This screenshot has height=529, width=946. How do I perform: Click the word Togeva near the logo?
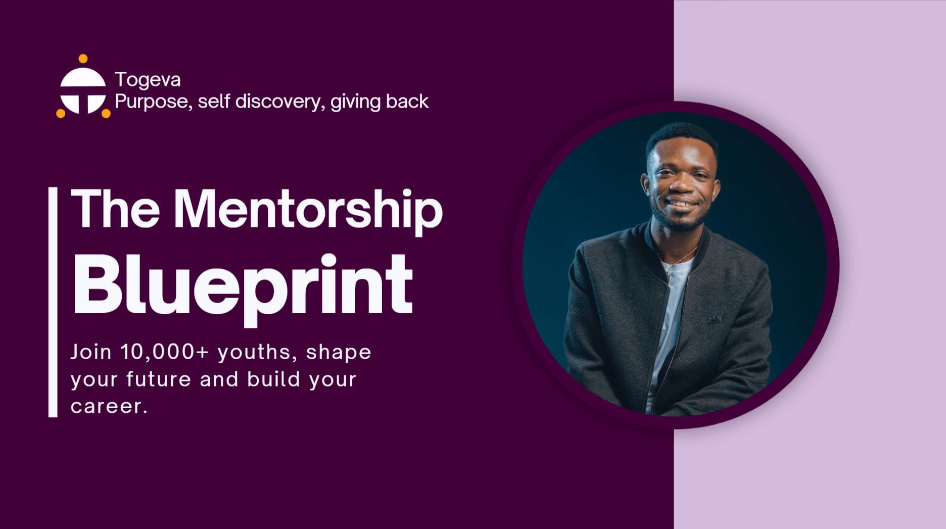click(148, 80)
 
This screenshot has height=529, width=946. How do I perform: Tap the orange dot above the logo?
click(83, 59)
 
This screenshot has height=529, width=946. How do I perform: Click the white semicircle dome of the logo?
click(83, 77)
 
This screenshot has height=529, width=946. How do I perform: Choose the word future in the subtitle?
click(159, 379)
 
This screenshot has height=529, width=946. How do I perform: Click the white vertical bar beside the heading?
click(53, 302)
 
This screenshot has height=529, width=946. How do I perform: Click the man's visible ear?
click(645, 184)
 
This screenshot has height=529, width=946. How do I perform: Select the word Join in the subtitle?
click(91, 352)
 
